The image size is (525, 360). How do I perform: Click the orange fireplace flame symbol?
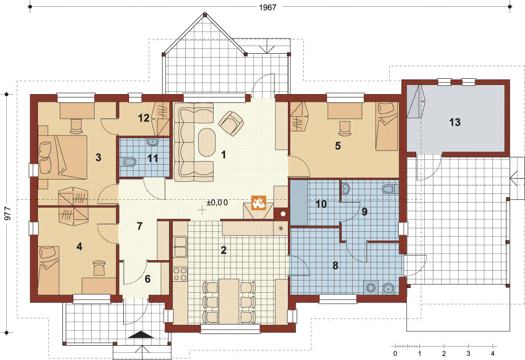(259, 203)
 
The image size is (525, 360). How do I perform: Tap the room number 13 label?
(454, 122)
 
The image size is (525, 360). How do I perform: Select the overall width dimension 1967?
(267, 7)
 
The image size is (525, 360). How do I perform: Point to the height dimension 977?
(7, 214)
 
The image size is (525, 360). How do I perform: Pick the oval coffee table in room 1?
(206, 143)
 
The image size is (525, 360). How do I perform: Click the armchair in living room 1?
(231, 123)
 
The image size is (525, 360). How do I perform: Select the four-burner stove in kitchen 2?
(180, 274)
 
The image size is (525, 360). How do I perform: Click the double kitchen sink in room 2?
(180, 247)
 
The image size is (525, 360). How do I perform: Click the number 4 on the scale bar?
(492, 353)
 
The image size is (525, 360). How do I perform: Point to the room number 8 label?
(335, 265)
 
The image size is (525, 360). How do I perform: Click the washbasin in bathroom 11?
(153, 142)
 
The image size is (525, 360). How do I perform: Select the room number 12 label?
(143, 118)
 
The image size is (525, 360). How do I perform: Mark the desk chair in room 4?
(99, 268)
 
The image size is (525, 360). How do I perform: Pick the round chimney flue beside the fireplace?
(283, 214)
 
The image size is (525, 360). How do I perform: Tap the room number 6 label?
(148, 279)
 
